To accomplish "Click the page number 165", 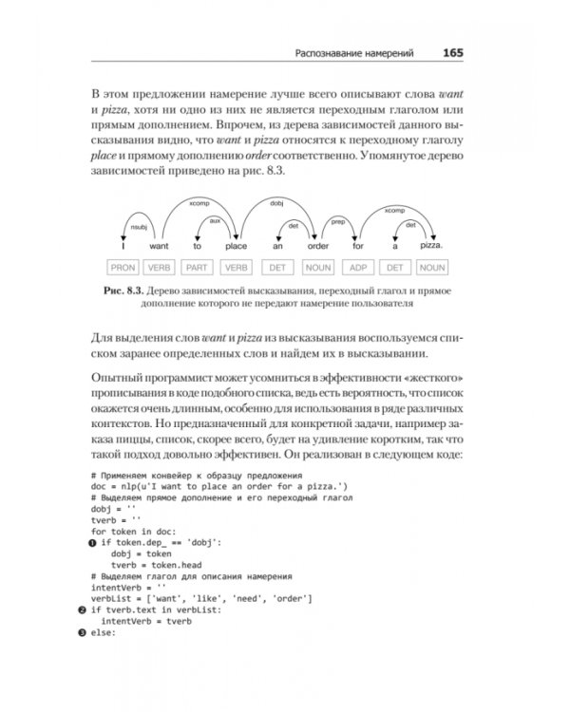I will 452,54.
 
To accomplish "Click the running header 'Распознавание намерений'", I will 354,55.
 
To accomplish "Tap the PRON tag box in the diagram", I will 123,268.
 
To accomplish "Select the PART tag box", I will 199,268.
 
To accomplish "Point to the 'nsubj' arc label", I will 139,228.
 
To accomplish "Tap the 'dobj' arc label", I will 277,202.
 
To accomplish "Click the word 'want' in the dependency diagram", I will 162,247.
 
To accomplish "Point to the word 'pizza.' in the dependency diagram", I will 432,246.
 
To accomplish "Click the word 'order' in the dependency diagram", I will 317,247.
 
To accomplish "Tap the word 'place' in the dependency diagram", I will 237,247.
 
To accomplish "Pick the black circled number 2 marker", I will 83,610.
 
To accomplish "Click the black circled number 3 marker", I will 83,633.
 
